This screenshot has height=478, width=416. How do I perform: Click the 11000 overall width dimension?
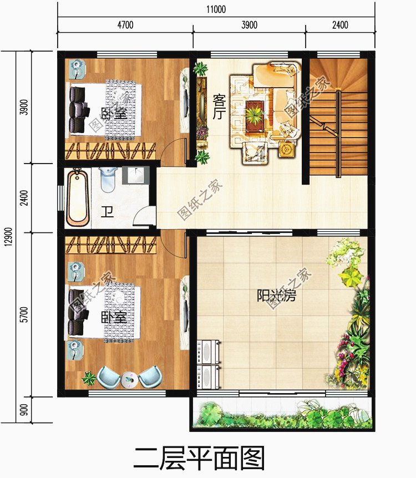point(216,9)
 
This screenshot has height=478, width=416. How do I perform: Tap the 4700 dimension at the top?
point(125,25)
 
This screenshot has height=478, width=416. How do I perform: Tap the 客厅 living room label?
point(219,107)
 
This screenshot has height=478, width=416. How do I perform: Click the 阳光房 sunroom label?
point(276,296)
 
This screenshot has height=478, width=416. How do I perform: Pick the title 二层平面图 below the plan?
point(199,458)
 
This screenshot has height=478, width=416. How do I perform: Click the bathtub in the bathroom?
point(78,198)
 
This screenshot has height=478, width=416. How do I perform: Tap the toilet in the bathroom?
point(108,180)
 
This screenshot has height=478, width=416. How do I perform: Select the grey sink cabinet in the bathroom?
point(136,175)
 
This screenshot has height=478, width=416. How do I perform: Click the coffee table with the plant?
point(255,116)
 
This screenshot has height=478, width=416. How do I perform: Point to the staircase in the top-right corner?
point(338,118)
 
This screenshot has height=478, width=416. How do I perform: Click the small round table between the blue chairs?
point(130,380)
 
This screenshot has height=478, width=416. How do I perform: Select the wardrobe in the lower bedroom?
point(110,245)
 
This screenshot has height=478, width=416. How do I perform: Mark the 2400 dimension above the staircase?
point(340,25)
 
